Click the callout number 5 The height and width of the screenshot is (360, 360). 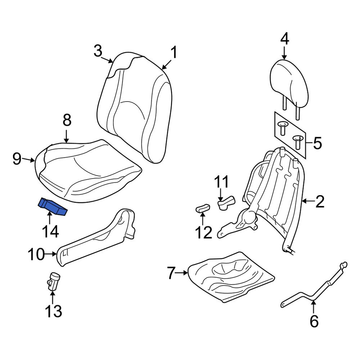coord(317,144)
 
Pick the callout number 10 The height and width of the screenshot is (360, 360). coord(36,255)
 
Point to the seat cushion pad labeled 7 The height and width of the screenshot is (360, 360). coord(230,275)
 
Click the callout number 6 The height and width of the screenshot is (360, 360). coord(314,321)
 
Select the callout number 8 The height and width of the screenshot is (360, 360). coord(67,121)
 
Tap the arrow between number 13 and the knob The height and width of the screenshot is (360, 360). coord(53,297)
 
